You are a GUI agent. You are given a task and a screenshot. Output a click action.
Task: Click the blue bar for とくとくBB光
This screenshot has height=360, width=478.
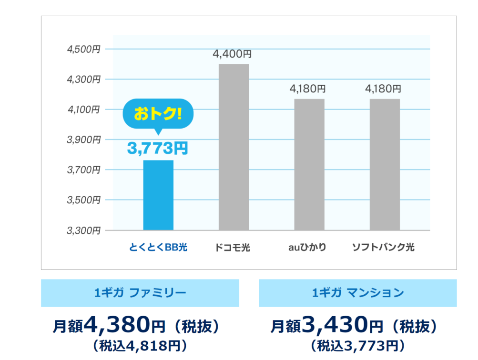[158, 195]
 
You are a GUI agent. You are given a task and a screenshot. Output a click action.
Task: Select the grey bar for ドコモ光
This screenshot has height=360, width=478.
[234, 147]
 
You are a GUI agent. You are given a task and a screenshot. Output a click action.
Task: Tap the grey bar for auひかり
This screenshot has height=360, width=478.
[309, 164]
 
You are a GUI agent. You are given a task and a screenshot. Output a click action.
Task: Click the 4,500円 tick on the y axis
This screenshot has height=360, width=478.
[83, 49]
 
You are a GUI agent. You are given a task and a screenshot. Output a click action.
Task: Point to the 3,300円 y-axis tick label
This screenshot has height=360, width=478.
[83, 230]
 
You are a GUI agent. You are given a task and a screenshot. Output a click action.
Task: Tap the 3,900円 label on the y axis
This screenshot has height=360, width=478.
[83, 140]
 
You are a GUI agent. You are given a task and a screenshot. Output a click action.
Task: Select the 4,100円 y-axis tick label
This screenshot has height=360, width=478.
[83, 110]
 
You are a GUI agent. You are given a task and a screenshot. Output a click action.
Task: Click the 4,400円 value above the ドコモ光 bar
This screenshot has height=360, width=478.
[232, 54]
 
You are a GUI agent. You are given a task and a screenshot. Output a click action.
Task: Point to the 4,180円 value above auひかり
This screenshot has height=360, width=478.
[308, 89]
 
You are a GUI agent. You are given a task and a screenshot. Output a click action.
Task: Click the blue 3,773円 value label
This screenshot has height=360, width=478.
[158, 148]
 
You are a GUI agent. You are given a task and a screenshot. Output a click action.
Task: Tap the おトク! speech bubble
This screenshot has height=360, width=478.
[158, 114]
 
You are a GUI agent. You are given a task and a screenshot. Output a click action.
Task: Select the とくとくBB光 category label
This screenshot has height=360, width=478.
[158, 248]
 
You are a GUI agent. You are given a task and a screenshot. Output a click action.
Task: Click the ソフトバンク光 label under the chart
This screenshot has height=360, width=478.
[383, 248]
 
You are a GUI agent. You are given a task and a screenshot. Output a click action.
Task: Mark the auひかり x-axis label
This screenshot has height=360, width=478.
[307, 248]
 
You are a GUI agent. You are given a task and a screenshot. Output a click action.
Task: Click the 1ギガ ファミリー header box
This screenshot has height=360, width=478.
[140, 293]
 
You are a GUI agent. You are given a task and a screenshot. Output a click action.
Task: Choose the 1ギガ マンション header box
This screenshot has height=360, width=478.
[357, 293]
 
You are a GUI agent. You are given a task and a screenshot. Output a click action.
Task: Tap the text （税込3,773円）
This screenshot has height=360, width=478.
[357, 345]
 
